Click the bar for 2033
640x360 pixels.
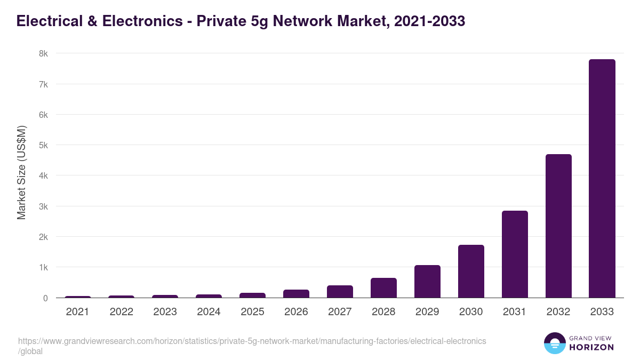click(x=602, y=179)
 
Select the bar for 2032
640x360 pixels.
click(x=558, y=226)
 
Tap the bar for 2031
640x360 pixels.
click(x=514, y=254)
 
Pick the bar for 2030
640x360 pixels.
click(x=470, y=271)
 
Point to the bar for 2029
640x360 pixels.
click(x=427, y=282)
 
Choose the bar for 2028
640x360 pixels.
click(x=383, y=288)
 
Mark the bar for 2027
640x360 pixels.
click(x=339, y=292)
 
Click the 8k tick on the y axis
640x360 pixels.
click(x=43, y=53)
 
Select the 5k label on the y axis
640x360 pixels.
click(x=43, y=145)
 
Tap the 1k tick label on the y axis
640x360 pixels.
click(x=43, y=267)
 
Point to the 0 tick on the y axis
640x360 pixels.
click(x=45, y=298)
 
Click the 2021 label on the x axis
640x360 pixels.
click(x=77, y=312)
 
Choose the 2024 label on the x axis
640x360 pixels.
click(x=209, y=312)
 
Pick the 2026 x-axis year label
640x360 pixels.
click(x=296, y=312)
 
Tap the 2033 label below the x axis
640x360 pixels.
click(x=602, y=312)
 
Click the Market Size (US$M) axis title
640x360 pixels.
click(x=21, y=172)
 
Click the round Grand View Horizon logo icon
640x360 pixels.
click(x=554, y=343)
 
